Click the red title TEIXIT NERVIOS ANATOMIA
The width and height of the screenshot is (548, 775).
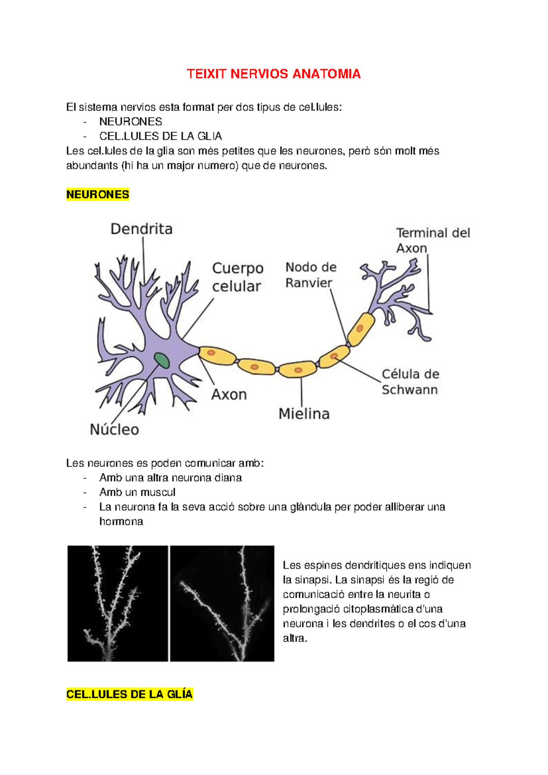click(x=274, y=74)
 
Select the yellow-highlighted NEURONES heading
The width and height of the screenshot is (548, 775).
click(x=98, y=195)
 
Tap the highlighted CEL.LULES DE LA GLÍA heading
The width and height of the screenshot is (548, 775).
click(x=130, y=694)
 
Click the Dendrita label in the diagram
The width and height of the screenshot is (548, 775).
click(x=142, y=229)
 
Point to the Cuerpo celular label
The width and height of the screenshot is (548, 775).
click(x=237, y=277)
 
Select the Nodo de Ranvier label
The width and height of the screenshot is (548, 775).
click(x=311, y=275)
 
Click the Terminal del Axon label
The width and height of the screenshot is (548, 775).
click(x=432, y=240)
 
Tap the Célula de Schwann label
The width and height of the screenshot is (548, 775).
click(x=410, y=382)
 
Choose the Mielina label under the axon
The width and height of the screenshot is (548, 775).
click(x=304, y=414)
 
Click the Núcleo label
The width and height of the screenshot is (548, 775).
click(x=114, y=430)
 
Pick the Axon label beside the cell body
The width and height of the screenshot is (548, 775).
click(x=229, y=394)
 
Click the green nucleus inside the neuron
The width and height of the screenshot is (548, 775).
click(x=161, y=361)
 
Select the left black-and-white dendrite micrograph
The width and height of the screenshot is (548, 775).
click(x=118, y=603)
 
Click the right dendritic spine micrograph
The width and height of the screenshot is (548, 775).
click(x=222, y=603)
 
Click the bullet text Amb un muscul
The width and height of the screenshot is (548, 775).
click(x=137, y=492)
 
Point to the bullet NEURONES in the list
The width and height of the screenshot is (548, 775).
click(x=131, y=122)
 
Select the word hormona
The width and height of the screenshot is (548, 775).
click(x=121, y=521)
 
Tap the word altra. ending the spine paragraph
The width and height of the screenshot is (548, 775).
click(x=295, y=638)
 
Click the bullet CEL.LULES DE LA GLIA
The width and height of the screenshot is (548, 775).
click(x=160, y=136)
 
